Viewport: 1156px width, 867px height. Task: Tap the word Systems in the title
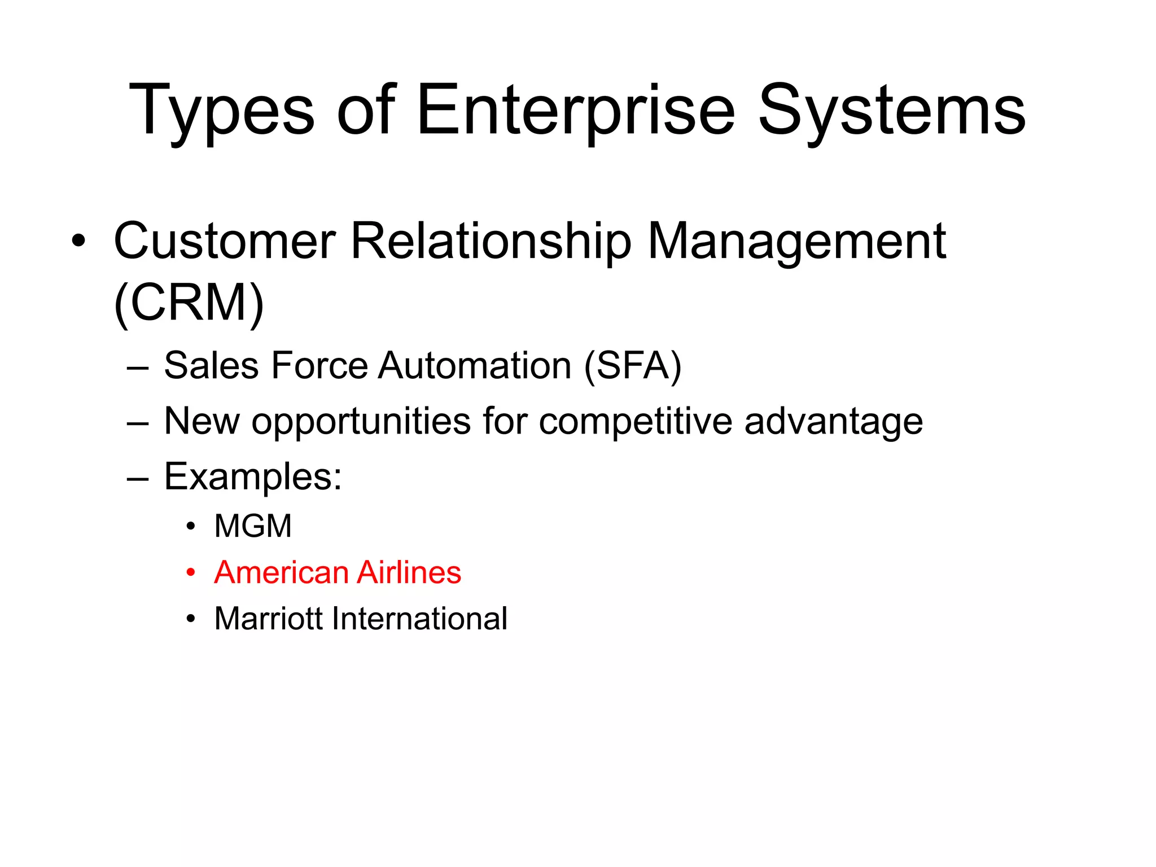[891, 111]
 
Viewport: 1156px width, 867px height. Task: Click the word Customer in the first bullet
[225, 241]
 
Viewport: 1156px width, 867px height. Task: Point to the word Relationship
[491, 241]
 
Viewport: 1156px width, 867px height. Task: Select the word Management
[796, 241]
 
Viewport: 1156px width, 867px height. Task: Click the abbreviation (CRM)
[189, 303]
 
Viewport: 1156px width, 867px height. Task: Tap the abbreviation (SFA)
[633, 366]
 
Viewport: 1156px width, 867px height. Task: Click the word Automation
[475, 366]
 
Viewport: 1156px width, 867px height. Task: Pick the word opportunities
[361, 422]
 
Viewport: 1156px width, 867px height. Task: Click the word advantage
[833, 422]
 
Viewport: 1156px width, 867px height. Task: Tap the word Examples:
[253, 477]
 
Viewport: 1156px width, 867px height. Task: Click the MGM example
[253, 526]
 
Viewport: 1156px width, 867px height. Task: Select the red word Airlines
[409, 572]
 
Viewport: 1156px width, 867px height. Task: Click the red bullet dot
[191, 573]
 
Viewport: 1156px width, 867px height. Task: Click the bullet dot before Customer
[78, 242]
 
